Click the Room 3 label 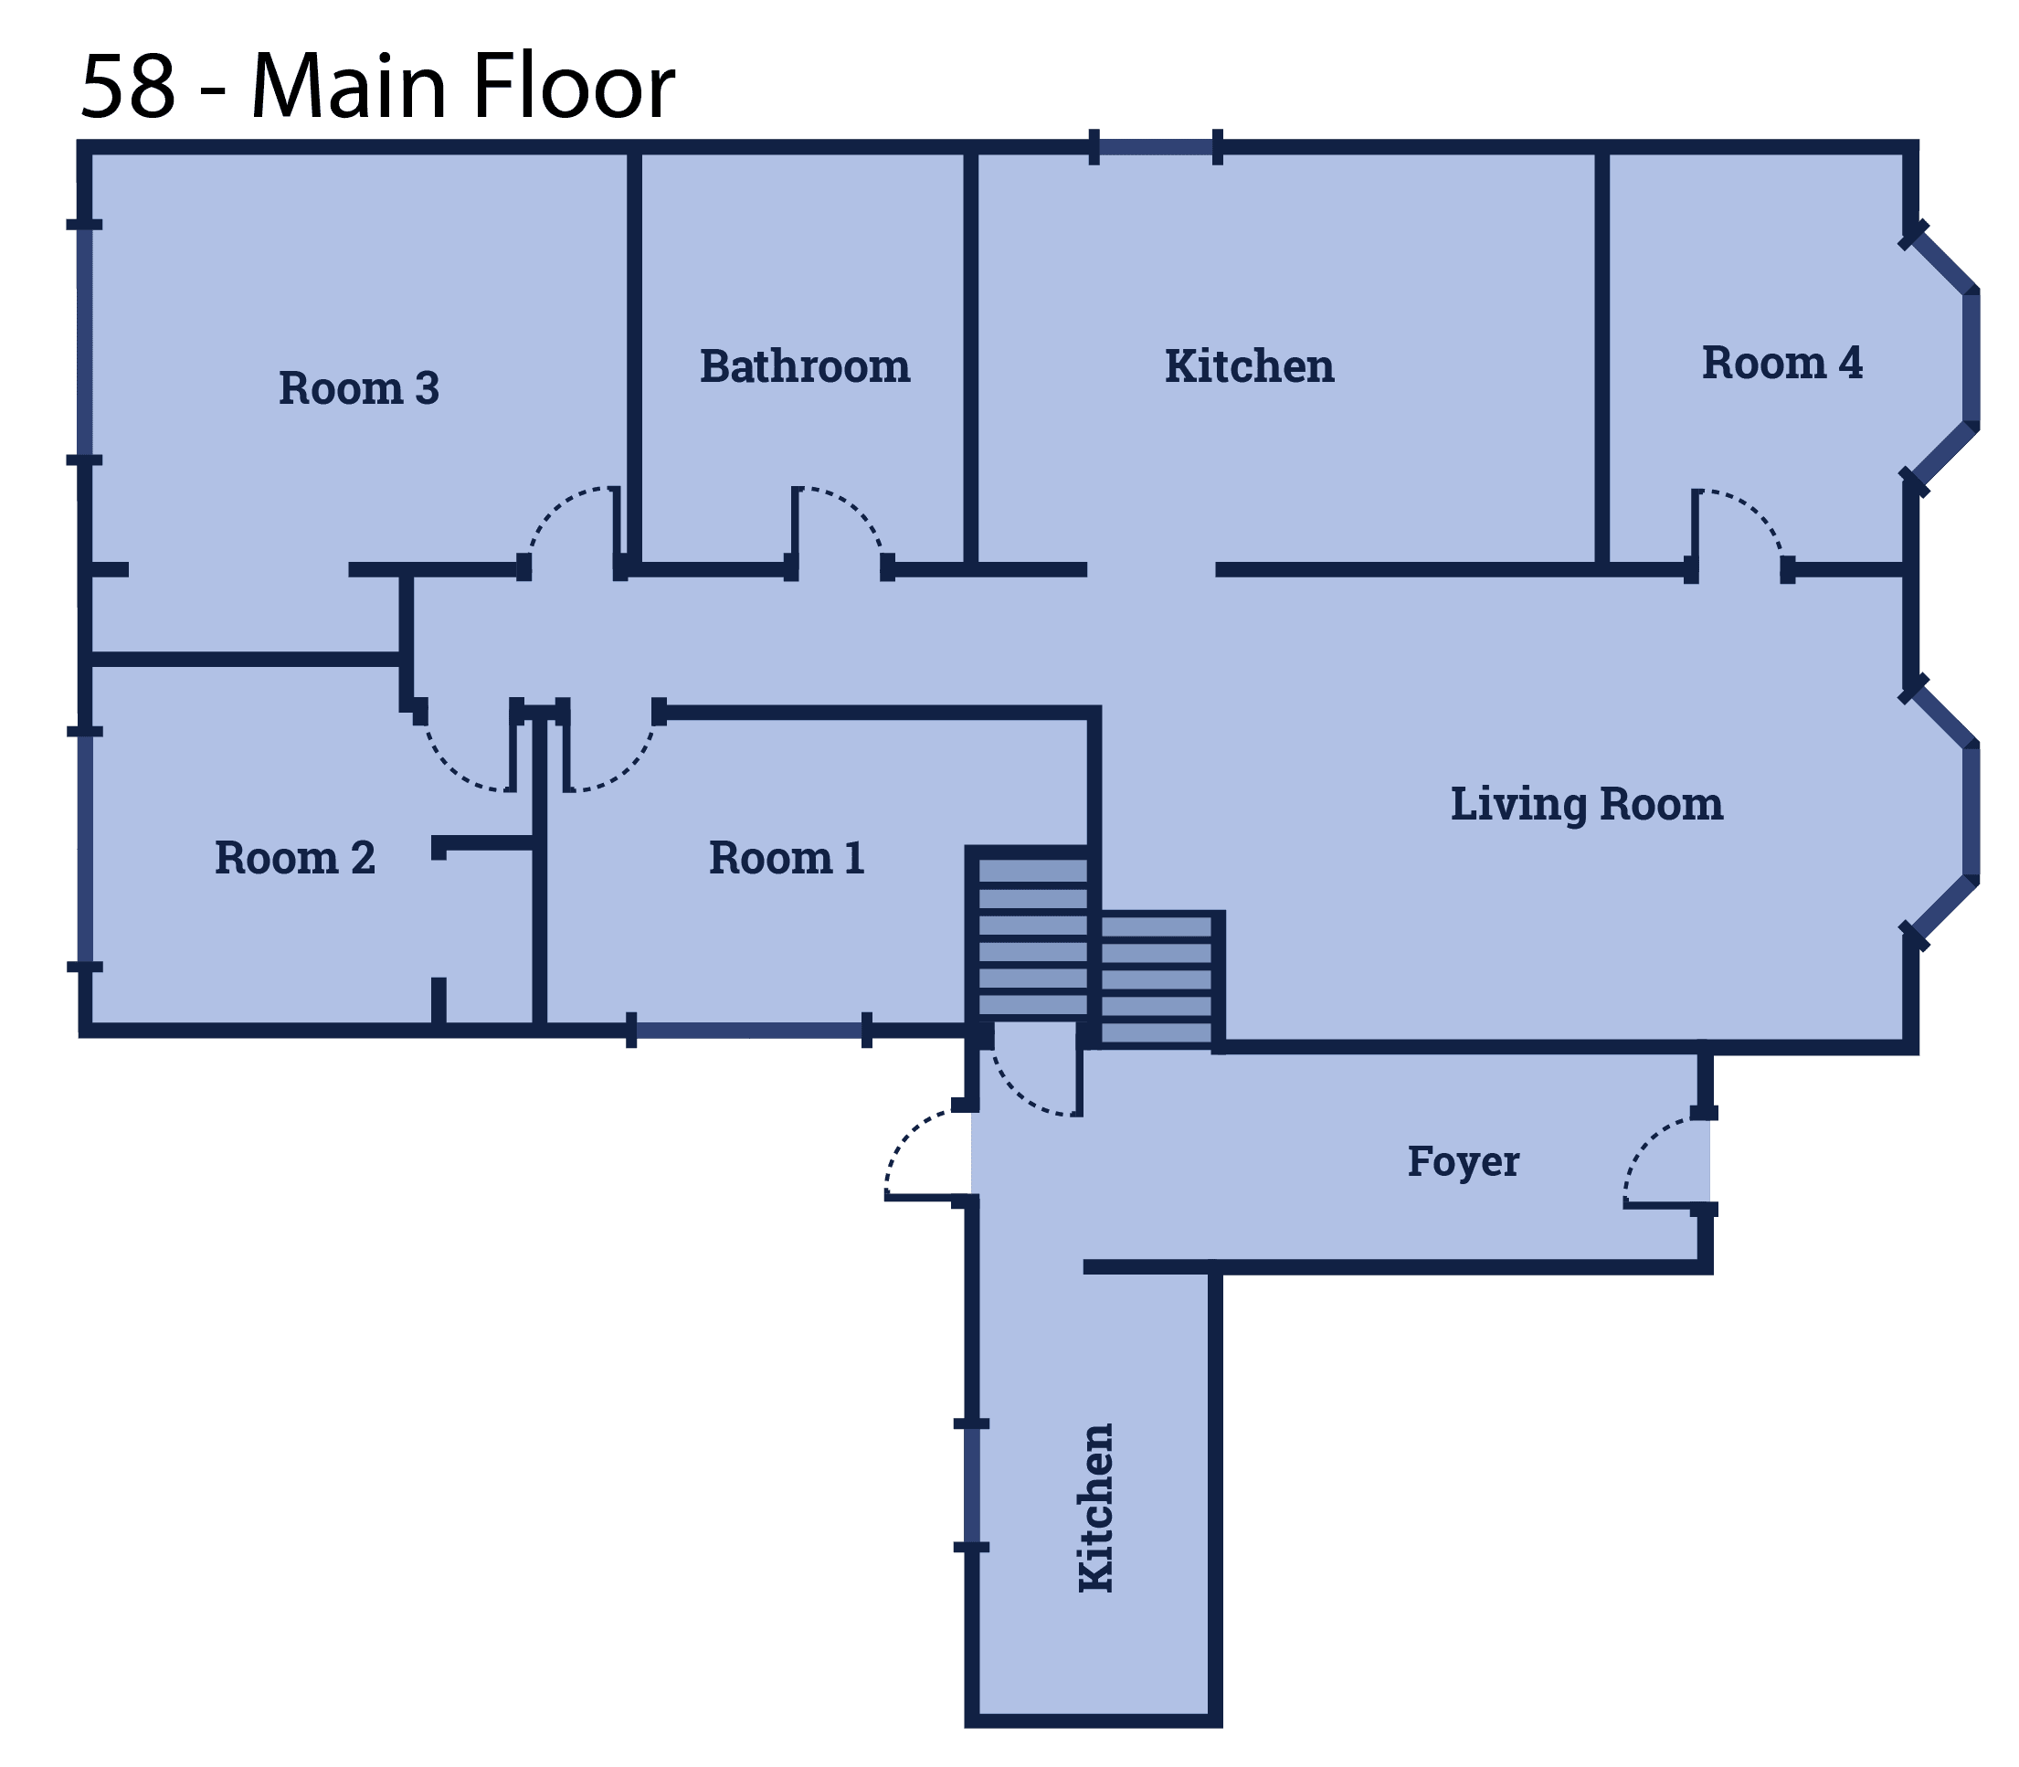pyautogui.click(x=359, y=387)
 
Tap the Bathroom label pyautogui.click(x=805, y=365)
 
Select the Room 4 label pyautogui.click(x=1782, y=363)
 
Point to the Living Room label pyautogui.click(x=1586, y=804)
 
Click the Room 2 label pyautogui.click(x=295, y=858)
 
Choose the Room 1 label pyautogui.click(x=787, y=858)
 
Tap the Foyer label pyautogui.click(x=1463, y=1161)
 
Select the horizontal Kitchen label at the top pyautogui.click(x=1249, y=365)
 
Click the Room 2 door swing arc pyautogui.click(x=449, y=767)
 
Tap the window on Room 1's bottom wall pyautogui.click(x=749, y=1031)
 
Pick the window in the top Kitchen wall pyautogui.click(x=1156, y=147)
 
